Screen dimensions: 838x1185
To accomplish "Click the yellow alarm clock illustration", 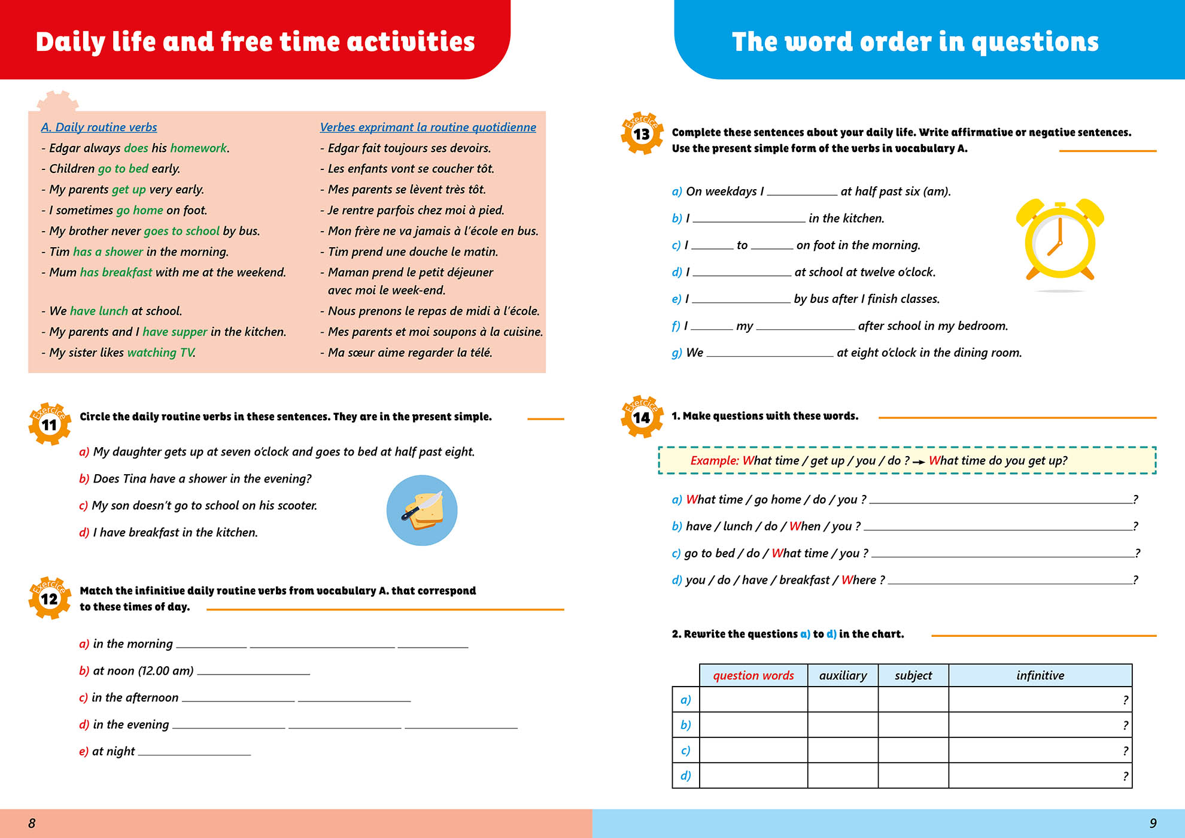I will [1060, 242].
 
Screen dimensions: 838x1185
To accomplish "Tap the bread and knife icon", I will [422, 510].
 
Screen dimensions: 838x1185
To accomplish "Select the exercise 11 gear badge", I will [50, 424].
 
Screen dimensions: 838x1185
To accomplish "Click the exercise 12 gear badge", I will [50, 597].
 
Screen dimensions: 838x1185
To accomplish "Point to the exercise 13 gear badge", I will [642, 133].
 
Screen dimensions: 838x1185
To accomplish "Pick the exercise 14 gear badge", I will [642, 417].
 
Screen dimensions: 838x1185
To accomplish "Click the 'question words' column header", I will [753, 675].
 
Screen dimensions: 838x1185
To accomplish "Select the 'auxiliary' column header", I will [843, 675].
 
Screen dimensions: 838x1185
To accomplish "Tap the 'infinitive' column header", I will [1040, 675].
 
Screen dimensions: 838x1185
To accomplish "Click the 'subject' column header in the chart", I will [913, 675].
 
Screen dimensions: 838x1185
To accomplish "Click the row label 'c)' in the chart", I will [686, 750].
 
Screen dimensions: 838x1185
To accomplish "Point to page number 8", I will [32, 823].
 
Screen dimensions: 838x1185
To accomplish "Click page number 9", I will [1153, 823].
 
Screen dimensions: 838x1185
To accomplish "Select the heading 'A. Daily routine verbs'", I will [99, 127].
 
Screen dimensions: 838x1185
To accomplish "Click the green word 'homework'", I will [199, 148].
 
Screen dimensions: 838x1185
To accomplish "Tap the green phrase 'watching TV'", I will [160, 353].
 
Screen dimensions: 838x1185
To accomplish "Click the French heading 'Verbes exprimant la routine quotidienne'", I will [428, 127].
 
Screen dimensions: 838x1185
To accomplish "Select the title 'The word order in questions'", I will [915, 42].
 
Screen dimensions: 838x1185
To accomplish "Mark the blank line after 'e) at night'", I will [195, 753].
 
